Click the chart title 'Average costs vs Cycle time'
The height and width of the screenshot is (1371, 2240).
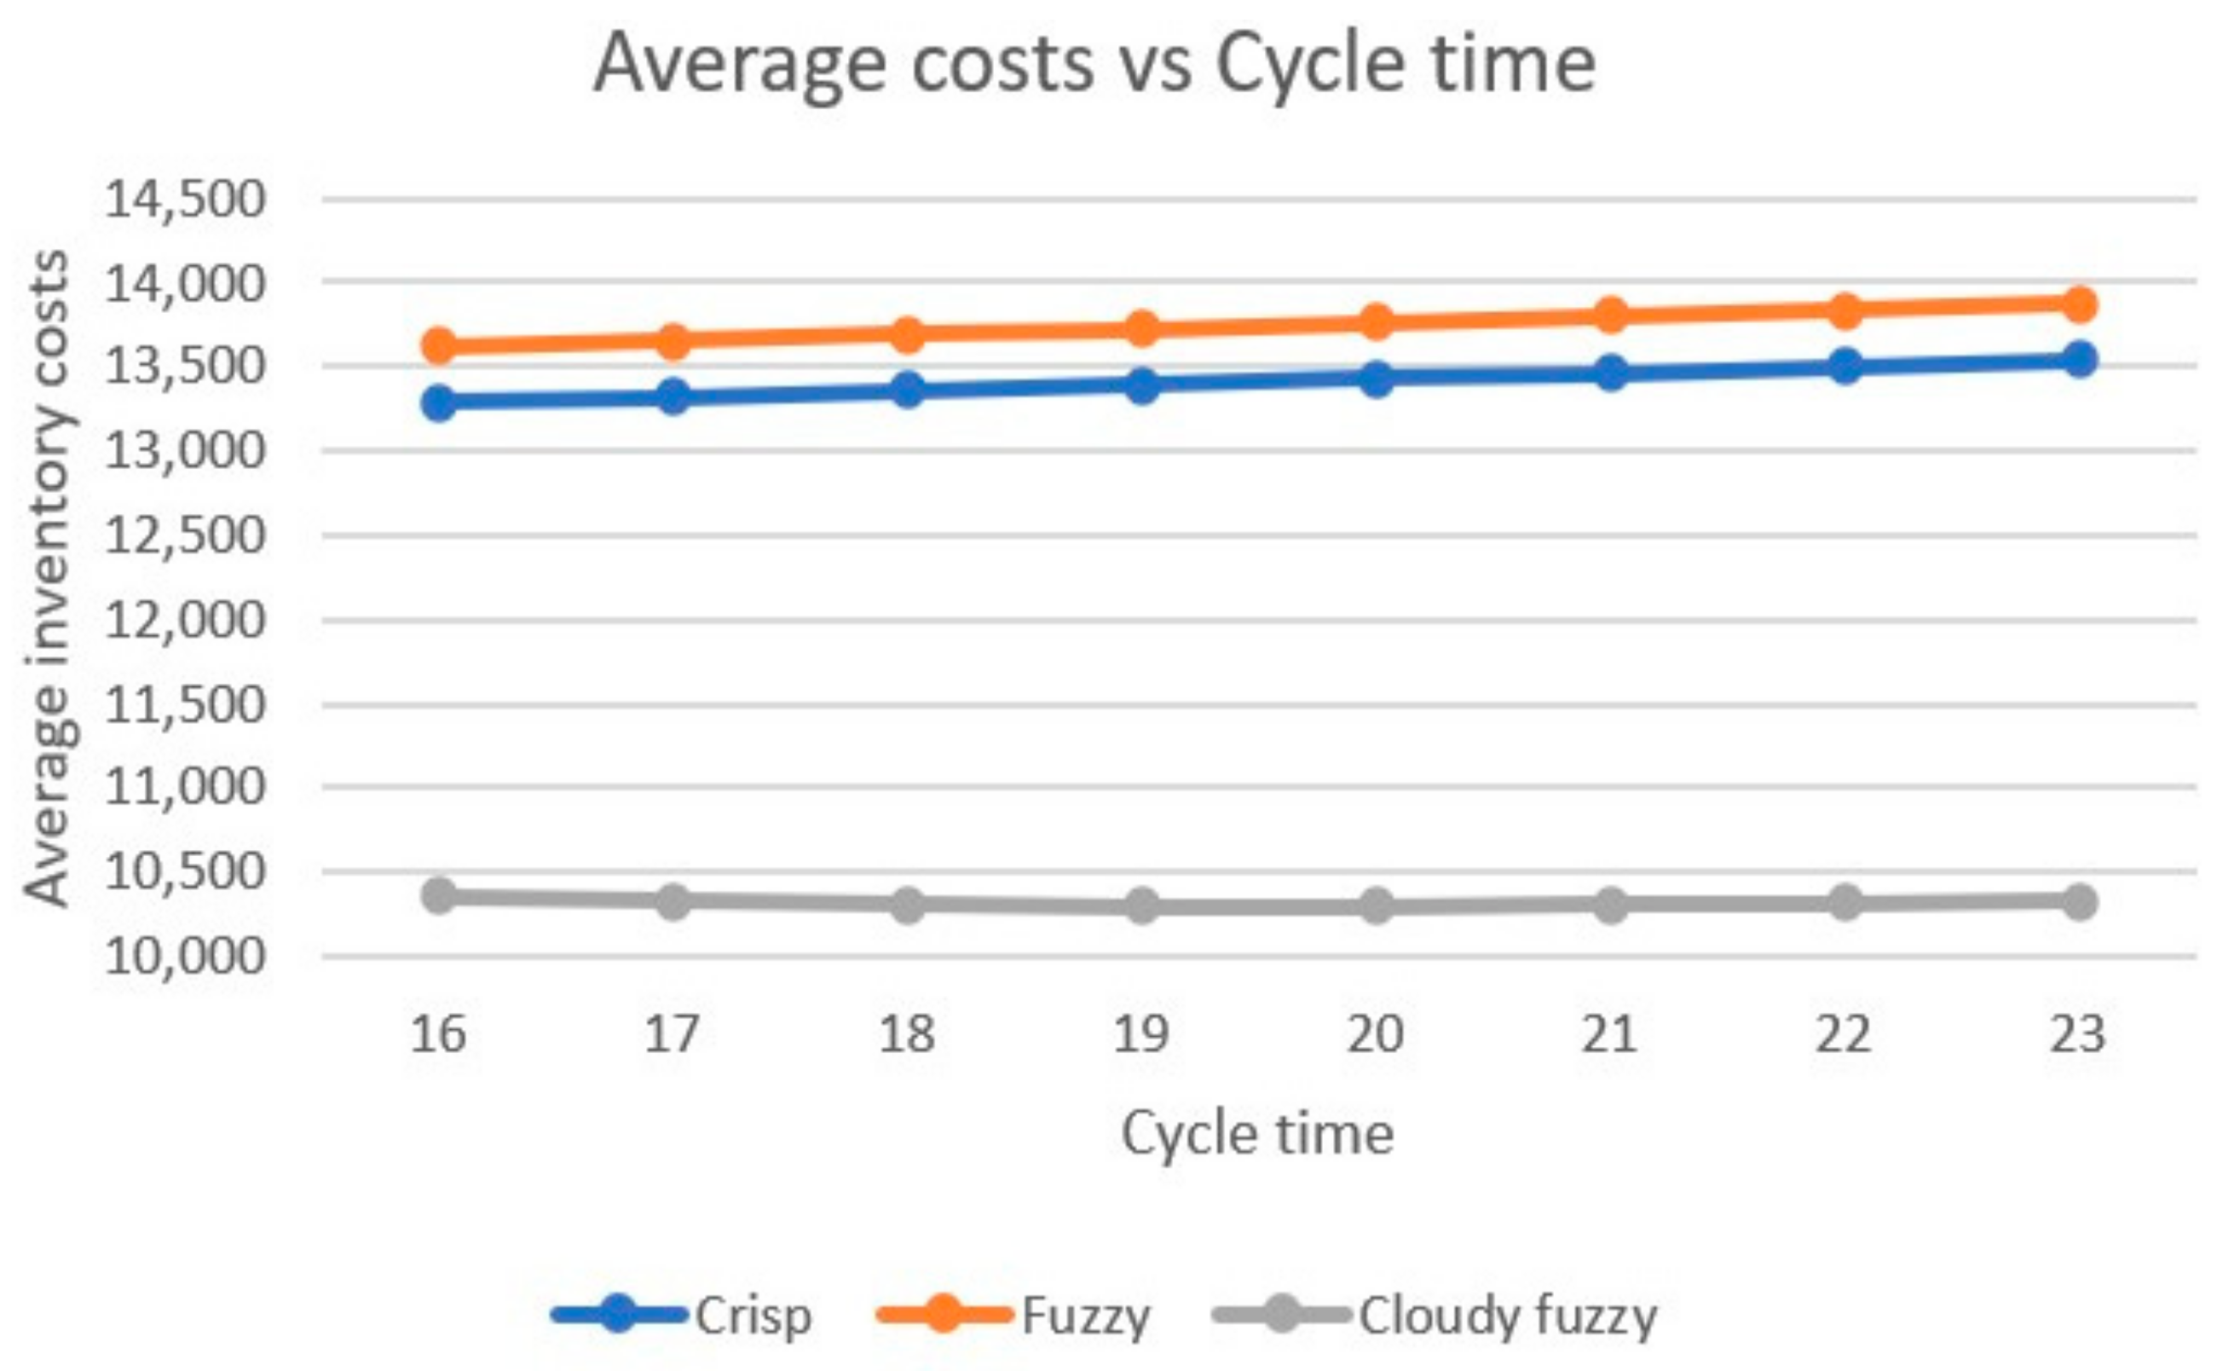coord(1094,64)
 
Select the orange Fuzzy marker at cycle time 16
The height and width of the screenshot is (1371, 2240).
coord(440,345)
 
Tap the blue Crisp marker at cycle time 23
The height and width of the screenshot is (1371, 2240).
coord(2078,358)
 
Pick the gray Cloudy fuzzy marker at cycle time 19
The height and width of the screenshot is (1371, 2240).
coord(1142,905)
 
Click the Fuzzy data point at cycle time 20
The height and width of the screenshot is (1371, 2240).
coord(1377,321)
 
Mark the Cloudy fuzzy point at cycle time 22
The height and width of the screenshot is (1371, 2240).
coord(1845,903)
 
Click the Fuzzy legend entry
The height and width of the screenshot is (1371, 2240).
coord(1084,1316)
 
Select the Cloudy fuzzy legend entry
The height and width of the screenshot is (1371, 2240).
coord(1506,1316)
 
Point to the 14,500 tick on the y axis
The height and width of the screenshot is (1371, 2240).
coord(186,198)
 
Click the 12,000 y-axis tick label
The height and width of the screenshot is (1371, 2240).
coord(186,621)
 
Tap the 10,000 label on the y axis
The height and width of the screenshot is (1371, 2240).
coord(186,956)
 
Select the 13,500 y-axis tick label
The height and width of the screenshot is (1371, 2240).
coord(186,367)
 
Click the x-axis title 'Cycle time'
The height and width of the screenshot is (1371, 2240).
coord(1257,1134)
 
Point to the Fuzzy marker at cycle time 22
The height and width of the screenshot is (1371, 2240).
coord(1845,310)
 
